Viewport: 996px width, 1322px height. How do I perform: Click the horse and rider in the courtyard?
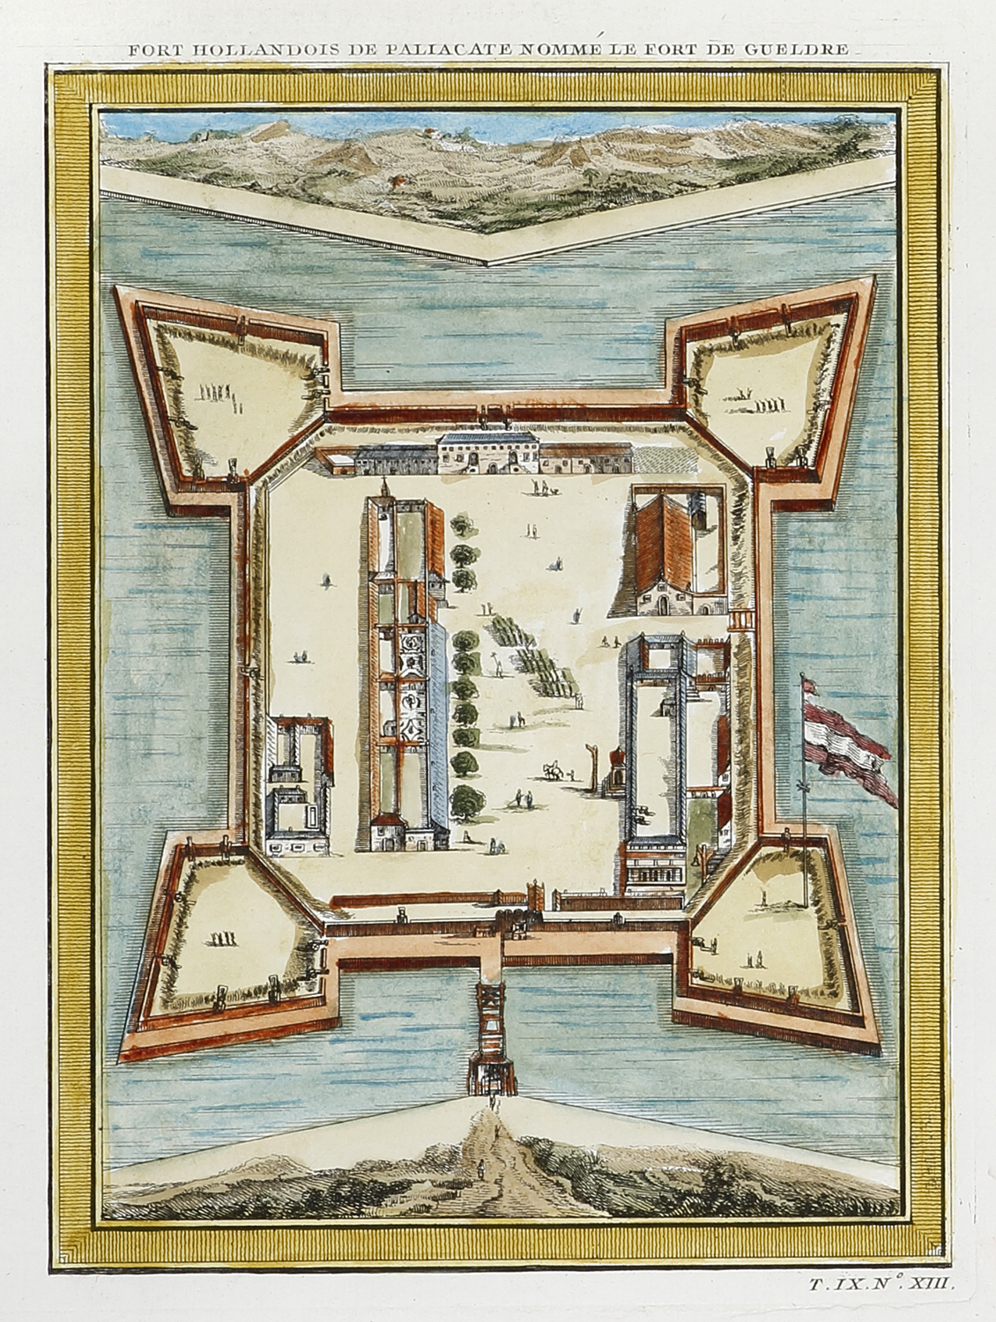click(x=553, y=770)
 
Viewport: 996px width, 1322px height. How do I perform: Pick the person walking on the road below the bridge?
click(x=481, y=1169)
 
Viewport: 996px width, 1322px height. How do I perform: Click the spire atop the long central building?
click(x=384, y=487)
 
